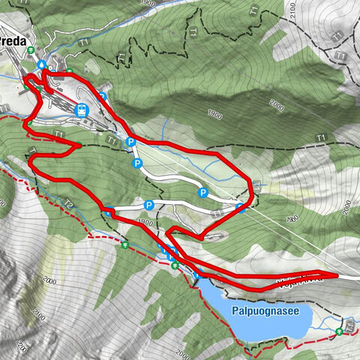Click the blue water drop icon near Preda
(x=43, y=64)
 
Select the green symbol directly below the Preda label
(x=31, y=50)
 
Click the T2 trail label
(x=68, y=204)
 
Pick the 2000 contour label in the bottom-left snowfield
(x=50, y=279)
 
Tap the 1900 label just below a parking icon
(x=145, y=223)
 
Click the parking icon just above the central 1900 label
(x=148, y=205)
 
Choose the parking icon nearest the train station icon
(x=102, y=96)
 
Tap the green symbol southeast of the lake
(x=340, y=330)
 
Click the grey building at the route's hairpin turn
(x=217, y=237)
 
